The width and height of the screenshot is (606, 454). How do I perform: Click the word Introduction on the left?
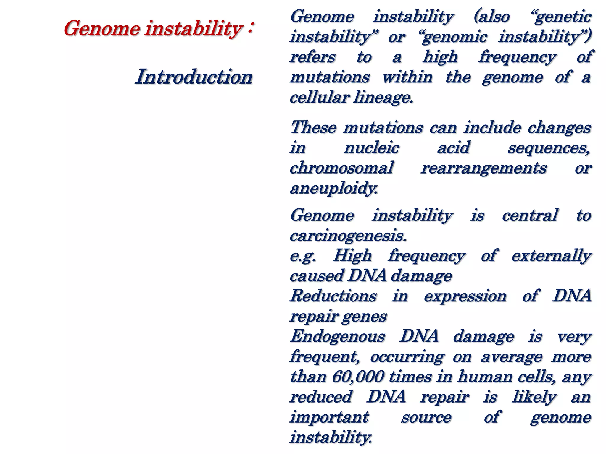point(194,77)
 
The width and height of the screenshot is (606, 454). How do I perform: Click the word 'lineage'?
point(382,98)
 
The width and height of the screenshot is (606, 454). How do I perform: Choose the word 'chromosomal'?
point(341,168)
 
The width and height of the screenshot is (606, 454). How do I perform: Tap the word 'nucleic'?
point(371,147)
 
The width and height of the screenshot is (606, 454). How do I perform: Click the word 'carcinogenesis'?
point(348,236)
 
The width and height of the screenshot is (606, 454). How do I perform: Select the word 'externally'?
point(551,256)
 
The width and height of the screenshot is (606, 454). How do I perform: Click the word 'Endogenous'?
point(338,336)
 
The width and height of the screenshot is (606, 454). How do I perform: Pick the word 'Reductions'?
point(333,296)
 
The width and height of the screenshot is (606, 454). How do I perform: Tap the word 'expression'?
point(465,296)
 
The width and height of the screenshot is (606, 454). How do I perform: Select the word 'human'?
point(485,377)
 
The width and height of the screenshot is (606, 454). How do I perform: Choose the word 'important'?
point(329,417)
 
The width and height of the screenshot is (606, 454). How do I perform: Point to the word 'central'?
point(530,215)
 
